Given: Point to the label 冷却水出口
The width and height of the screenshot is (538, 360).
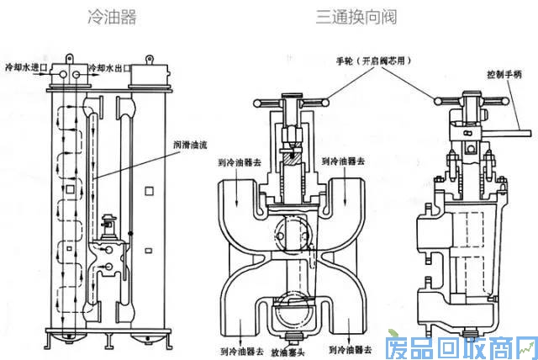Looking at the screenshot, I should pyautogui.click(x=108, y=66).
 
